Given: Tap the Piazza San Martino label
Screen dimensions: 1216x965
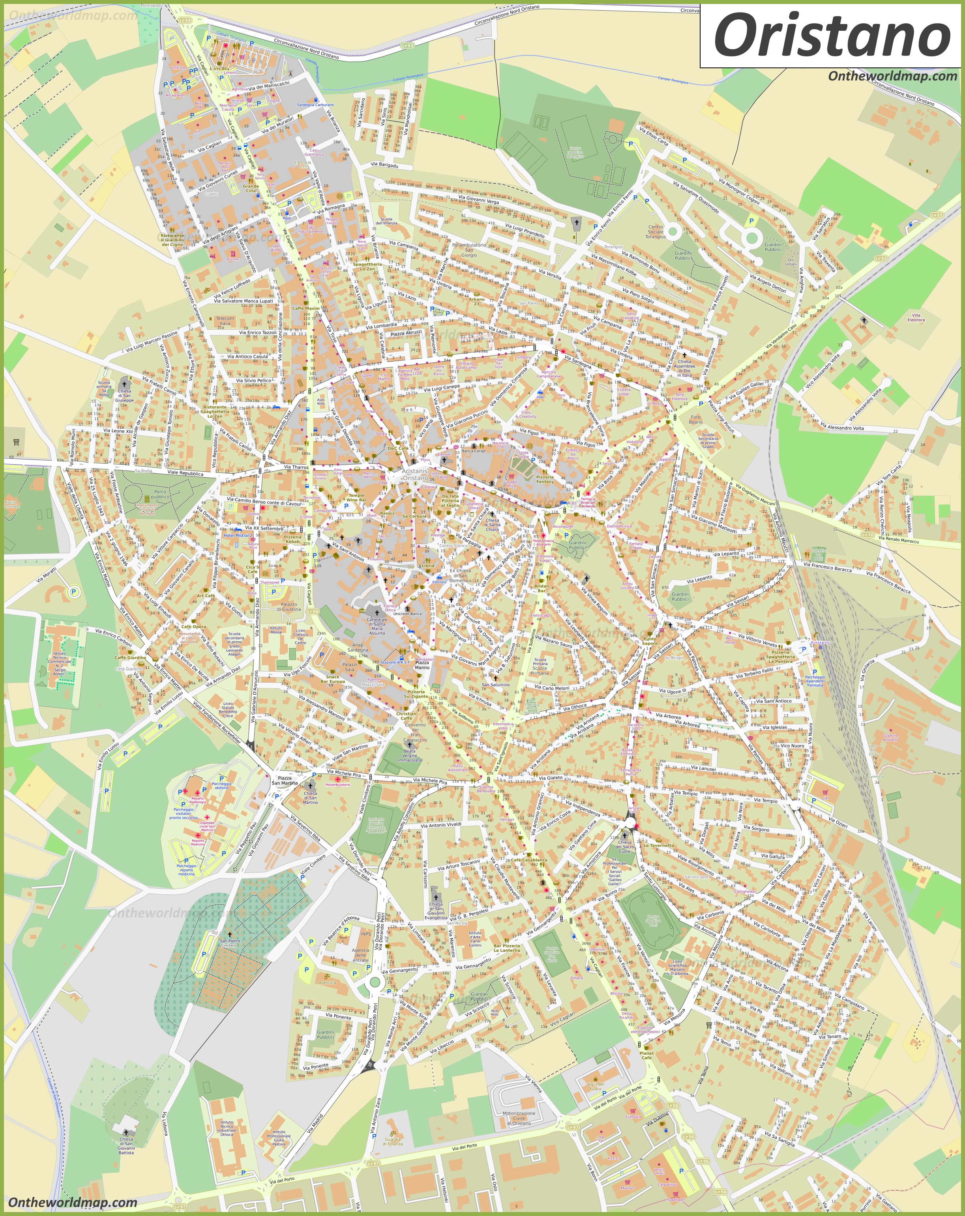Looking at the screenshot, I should pos(285,780).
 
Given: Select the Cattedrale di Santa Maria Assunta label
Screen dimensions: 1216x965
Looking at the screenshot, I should pos(377,626).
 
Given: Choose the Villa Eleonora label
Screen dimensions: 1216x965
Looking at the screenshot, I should pos(916,318).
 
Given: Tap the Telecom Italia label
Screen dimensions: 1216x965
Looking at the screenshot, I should pos(225,321).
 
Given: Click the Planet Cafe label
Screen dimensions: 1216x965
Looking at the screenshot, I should pos(647,1055).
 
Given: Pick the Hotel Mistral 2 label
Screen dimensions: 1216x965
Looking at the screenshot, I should pos(238,535).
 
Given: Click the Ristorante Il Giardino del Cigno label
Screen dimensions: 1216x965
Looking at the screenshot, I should pos(172,240).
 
